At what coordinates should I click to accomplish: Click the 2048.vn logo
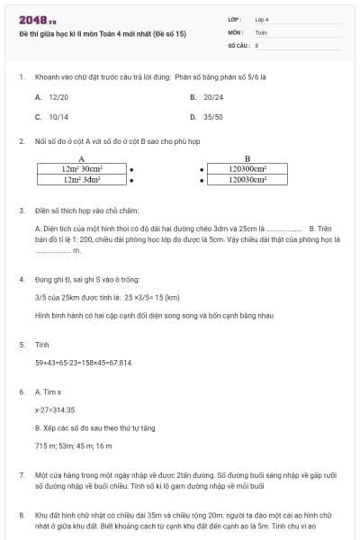[x=35, y=18]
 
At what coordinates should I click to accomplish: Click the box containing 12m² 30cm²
[x=82, y=167]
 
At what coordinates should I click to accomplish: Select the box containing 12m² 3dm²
[x=82, y=180]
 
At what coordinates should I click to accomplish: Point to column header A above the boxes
[x=82, y=158]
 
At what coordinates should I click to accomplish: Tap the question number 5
[x=22, y=344]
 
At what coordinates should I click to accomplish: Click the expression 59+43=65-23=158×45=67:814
[x=83, y=363]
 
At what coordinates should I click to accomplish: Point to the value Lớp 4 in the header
[x=262, y=18]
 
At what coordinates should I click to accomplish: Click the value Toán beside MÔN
[x=261, y=31]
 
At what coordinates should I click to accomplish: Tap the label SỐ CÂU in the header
[x=238, y=44]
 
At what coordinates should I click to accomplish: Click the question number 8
[x=22, y=516]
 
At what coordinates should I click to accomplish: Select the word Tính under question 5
[x=41, y=344]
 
